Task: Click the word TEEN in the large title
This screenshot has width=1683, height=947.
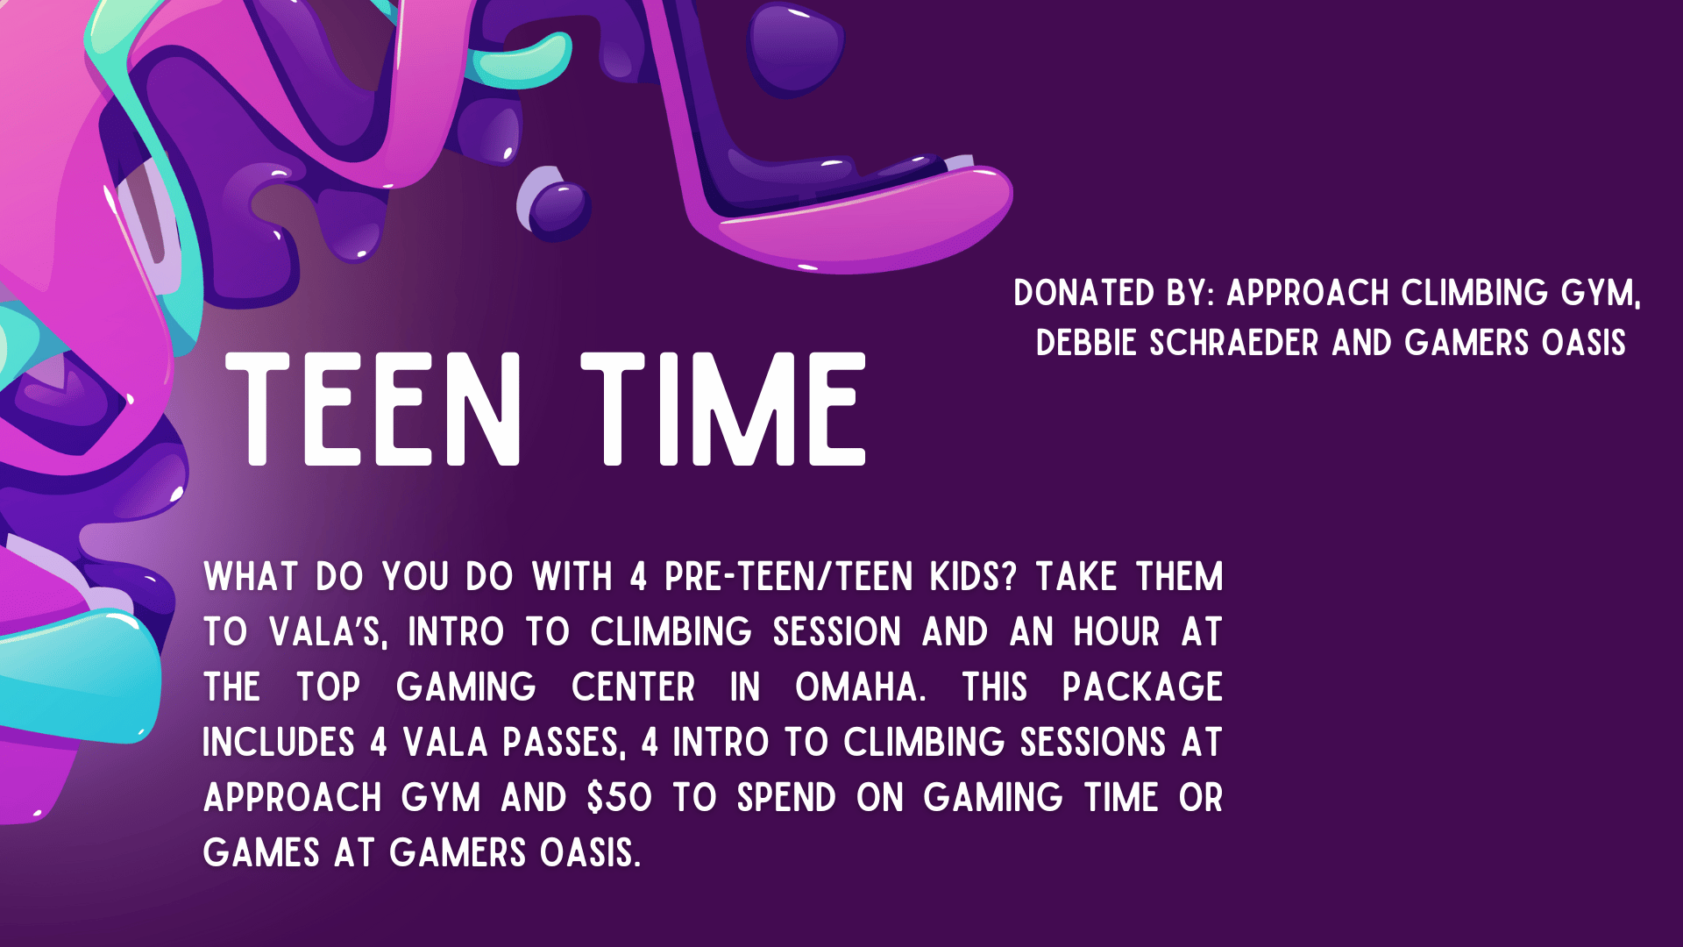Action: pos(373,409)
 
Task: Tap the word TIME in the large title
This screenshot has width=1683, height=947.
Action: pos(724,409)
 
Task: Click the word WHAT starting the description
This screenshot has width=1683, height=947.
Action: pos(251,577)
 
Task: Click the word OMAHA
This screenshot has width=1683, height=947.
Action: pos(860,687)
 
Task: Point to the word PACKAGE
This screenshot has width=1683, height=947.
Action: pos(1142,687)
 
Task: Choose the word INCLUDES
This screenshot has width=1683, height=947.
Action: pos(279,743)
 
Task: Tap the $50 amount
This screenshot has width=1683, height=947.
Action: pos(620,798)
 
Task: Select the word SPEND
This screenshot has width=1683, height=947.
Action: pos(786,798)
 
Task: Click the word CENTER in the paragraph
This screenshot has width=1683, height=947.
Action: pos(633,687)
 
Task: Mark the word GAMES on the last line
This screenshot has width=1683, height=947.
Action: pos(261,853)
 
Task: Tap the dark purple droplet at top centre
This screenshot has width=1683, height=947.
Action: pos(796,48)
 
